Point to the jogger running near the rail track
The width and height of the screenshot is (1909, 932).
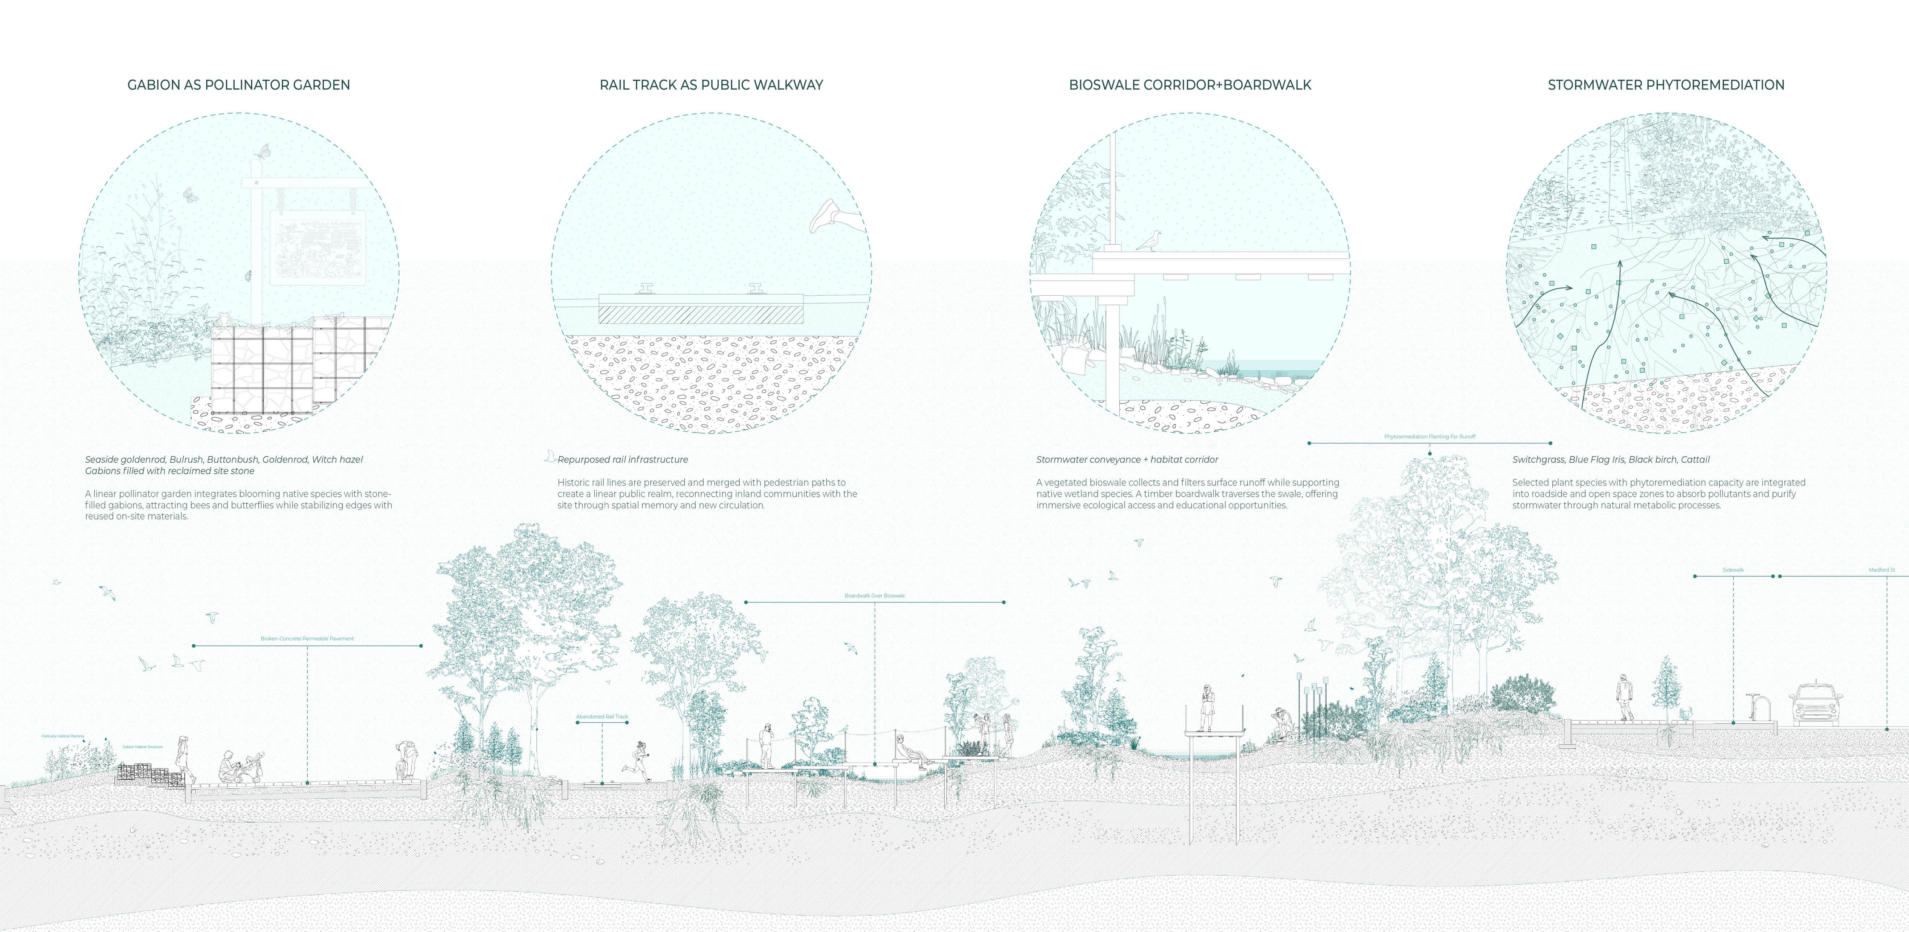tap(639, 760)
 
